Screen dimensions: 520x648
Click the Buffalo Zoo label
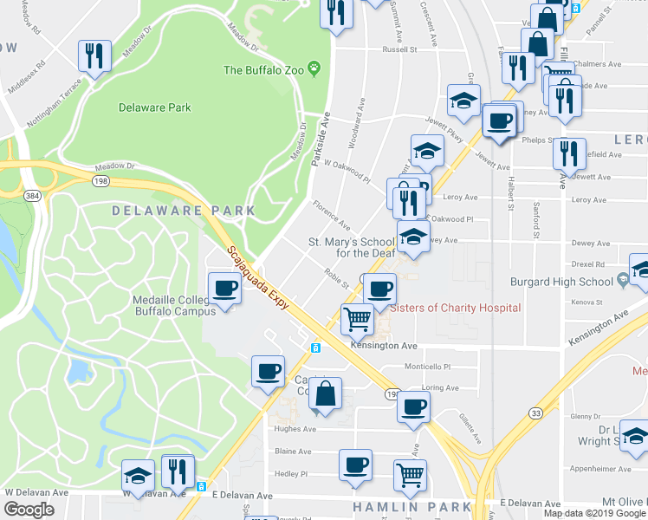[264, 69]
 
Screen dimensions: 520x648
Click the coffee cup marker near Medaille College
[224, 288]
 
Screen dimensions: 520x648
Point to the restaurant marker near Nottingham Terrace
[94, 56]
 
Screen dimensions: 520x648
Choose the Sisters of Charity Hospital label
[456, 308]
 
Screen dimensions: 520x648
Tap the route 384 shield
[32, 197]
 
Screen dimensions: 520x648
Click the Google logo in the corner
[29, 510]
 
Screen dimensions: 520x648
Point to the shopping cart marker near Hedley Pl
[410, 474]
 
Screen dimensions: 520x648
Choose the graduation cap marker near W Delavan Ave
[138, 474]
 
